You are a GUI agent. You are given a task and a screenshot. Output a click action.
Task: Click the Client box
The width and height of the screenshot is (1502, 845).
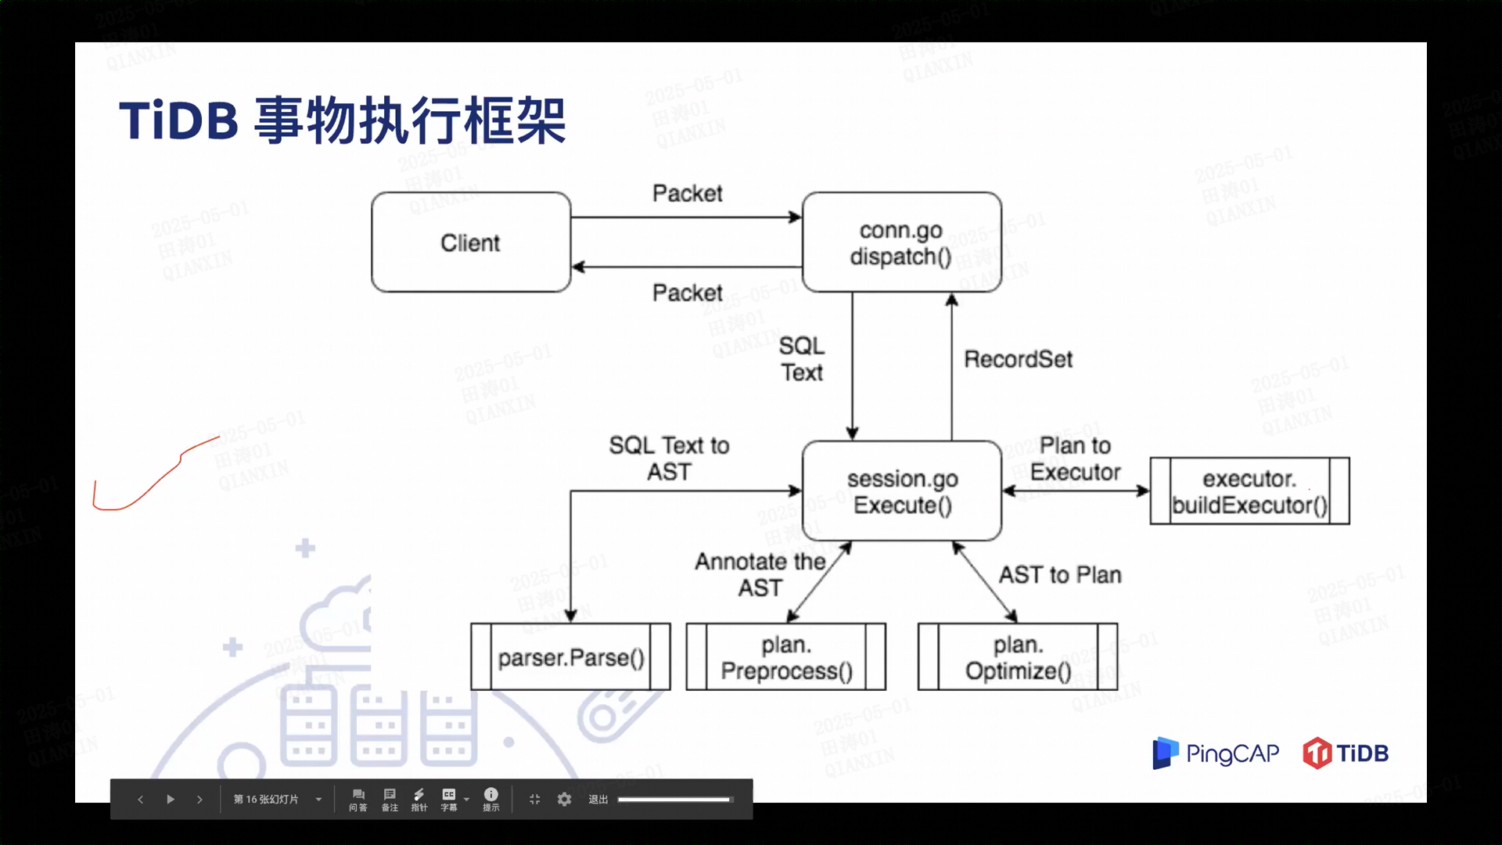(x=470, y=243)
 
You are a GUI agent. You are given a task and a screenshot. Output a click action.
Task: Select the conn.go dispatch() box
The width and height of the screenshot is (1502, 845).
(x=901, y=243)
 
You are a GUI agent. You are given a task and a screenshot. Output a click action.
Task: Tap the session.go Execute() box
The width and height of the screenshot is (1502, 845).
(x=902, y=491)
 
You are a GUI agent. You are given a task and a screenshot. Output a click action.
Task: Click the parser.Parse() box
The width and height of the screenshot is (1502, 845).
(x=570, y=657)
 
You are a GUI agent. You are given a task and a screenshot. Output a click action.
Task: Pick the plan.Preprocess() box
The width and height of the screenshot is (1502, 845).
(x=786, y=657)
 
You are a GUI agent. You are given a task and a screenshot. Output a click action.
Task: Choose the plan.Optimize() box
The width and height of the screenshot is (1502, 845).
(x=1017, y=657)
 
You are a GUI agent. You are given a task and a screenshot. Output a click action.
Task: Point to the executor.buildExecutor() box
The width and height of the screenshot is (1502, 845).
(x=1249, y=491)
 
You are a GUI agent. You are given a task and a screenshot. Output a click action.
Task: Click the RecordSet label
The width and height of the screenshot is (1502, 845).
(x=1018, y=359)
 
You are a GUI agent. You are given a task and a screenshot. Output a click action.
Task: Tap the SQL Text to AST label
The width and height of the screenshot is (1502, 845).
(x=669, y=458)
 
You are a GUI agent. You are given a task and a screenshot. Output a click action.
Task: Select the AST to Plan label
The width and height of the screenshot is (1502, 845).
(x=1060, y=575)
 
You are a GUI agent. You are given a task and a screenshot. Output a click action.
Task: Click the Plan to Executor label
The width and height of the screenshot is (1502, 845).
(x=1075, y=458)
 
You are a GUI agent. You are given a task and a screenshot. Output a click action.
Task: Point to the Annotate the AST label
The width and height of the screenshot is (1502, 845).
(x=760, y=574)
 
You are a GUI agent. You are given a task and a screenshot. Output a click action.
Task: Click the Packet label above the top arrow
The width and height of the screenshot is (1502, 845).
(x=687, y=193)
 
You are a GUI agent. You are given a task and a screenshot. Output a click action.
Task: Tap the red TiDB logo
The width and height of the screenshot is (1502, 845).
(x=1346, y=753)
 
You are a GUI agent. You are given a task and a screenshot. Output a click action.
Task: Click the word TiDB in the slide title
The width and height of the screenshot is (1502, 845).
(x=178, y=121)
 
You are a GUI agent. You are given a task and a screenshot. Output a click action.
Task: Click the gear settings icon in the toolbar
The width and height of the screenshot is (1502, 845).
(x=564, y=799)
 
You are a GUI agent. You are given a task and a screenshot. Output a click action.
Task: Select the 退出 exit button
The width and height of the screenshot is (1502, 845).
(x=598, y=799)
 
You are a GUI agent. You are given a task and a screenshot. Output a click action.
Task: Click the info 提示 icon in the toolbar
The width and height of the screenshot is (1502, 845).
(x=490, y=799)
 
